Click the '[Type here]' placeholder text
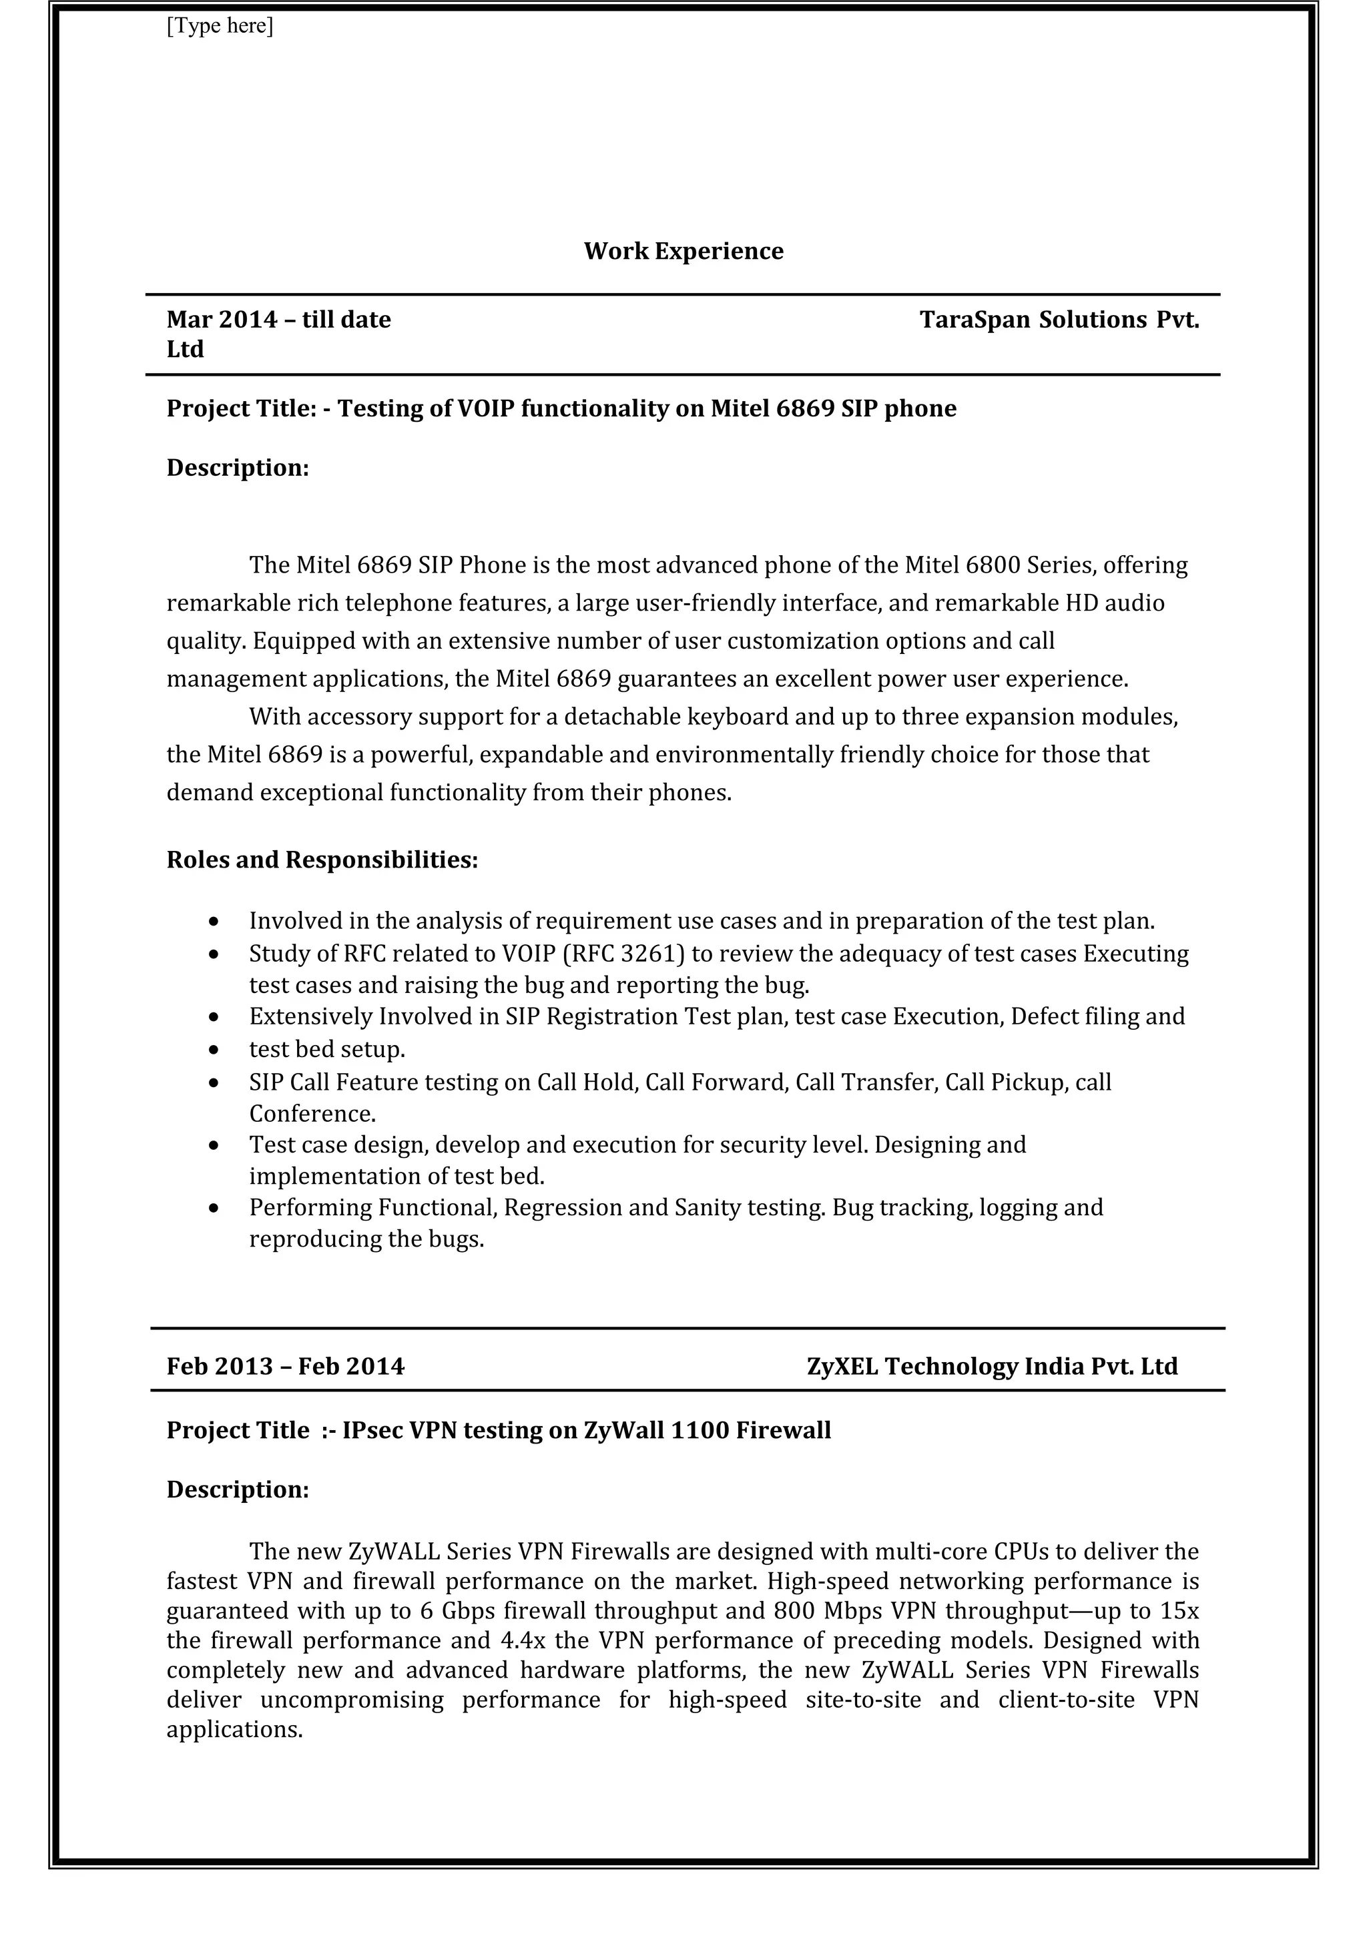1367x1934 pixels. click(x=219, y=26)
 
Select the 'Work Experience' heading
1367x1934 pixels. click(x=683, y=251)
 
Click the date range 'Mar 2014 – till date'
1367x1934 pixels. click(x=279, y=320)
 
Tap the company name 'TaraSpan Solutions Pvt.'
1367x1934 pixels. click(x=1059, y=320)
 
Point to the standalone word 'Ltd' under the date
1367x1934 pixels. click(x=186, y=350)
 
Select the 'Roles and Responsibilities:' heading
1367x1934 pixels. click(x=322, y=860)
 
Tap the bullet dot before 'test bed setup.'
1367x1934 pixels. click(x=215, y=1050)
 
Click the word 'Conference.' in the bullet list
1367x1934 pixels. click(x=312, y=1114)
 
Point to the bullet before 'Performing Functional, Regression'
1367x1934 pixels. click(x=215, y=1209)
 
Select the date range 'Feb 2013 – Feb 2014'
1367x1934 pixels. click(x=286, y=1366)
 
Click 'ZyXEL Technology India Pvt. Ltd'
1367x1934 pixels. click(x=991, y=1366)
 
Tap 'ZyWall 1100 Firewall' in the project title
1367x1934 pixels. click(x=707, y=1430)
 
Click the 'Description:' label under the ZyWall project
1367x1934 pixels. click(x=238, y=1490)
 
